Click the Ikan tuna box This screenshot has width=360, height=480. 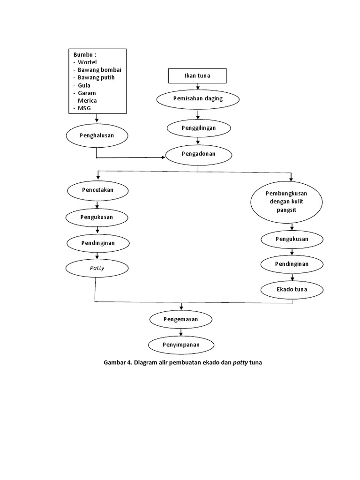point(197,76)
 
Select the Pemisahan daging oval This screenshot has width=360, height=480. point(198,99)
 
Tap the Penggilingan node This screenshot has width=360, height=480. point(199,127)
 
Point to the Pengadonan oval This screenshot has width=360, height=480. point(199,153)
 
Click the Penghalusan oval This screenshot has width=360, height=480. point(97,135)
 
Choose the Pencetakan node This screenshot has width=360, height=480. point(97,190)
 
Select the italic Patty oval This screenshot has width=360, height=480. point(97,269)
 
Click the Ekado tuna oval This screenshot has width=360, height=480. point(292,289)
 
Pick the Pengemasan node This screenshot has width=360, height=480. point(180,319)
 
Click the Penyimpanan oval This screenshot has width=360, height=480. point(181,345)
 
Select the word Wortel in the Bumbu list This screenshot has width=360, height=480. point(88,62)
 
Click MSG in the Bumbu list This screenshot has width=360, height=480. point(85,108)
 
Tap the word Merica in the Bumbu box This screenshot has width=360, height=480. point(88,100)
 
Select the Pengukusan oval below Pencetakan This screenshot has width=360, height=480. point(97,217)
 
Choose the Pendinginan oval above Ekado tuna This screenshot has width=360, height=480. point(292,264)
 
